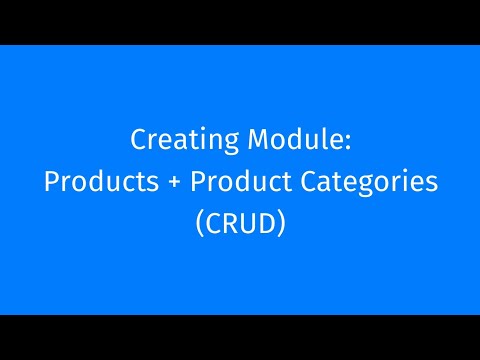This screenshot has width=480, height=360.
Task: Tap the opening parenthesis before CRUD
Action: [x=197, y=224]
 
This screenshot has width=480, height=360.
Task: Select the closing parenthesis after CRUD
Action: [x=284, y=224]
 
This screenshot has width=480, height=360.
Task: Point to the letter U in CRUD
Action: [x=250, y=223]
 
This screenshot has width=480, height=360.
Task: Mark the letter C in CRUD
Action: [x=212, y=223]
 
